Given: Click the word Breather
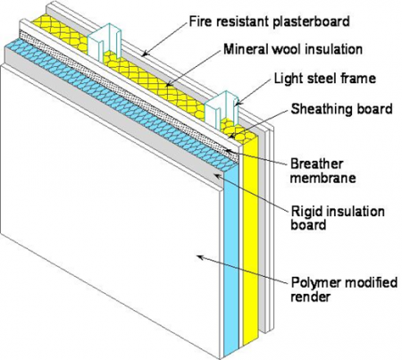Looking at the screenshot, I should tap(317, 164).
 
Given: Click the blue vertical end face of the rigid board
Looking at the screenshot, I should tap(230, 268).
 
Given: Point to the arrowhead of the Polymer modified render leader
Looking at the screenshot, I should tap(197, 255).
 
